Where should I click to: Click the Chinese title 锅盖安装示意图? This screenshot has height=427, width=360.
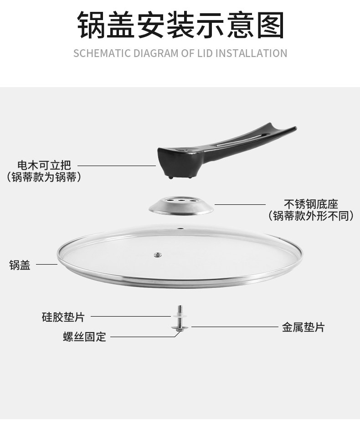tap(180, 25)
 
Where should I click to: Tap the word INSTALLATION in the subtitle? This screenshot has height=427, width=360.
tap(251, 53)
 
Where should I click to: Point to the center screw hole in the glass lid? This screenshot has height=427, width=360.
tap(158, 255)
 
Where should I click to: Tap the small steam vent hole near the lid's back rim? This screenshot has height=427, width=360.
tap(180, 228)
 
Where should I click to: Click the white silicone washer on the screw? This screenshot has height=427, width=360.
tap(180, 316)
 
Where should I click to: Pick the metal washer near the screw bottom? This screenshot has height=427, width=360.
tap(180, 327)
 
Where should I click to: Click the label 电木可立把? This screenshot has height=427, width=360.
tap(44, 165)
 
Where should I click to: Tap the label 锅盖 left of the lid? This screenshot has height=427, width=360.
tap(20, 265)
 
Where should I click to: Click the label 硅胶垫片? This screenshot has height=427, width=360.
tap(63, 317)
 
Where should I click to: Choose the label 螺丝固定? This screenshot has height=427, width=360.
tap(84, 337)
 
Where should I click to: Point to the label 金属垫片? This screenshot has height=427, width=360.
tap(303, 327)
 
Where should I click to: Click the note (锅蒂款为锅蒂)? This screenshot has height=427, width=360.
tap(44, 177)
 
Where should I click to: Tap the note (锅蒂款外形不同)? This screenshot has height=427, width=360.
tap(311, 216)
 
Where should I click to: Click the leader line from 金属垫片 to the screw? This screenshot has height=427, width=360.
tap(235, 327)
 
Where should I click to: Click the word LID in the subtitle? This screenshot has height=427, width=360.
tap(204, 53)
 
